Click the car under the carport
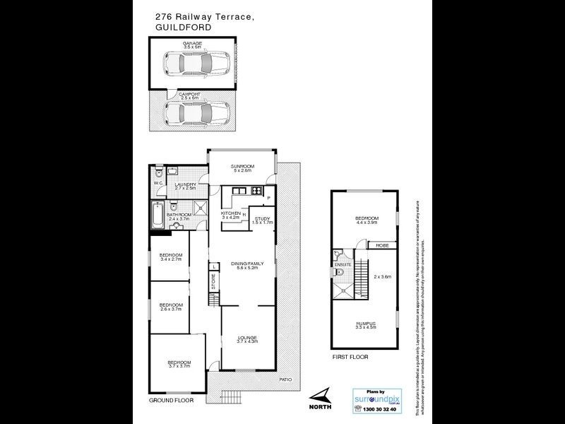click(x=197, y=112)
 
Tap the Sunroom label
click(x=242, y=167)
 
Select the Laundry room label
click(x=186, y=185)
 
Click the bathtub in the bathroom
click(x=157, y=215)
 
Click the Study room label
click(x=263, y=219)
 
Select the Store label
click(x=213, y=281)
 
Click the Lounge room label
click(x=246, y=338)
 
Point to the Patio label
click(x=285, y=379)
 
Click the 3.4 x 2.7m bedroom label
click(x=171, y=257)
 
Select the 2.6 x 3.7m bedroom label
click(x=171, y=306)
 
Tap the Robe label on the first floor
click(x=382, y=245)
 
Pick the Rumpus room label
click(x=365, y=324)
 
